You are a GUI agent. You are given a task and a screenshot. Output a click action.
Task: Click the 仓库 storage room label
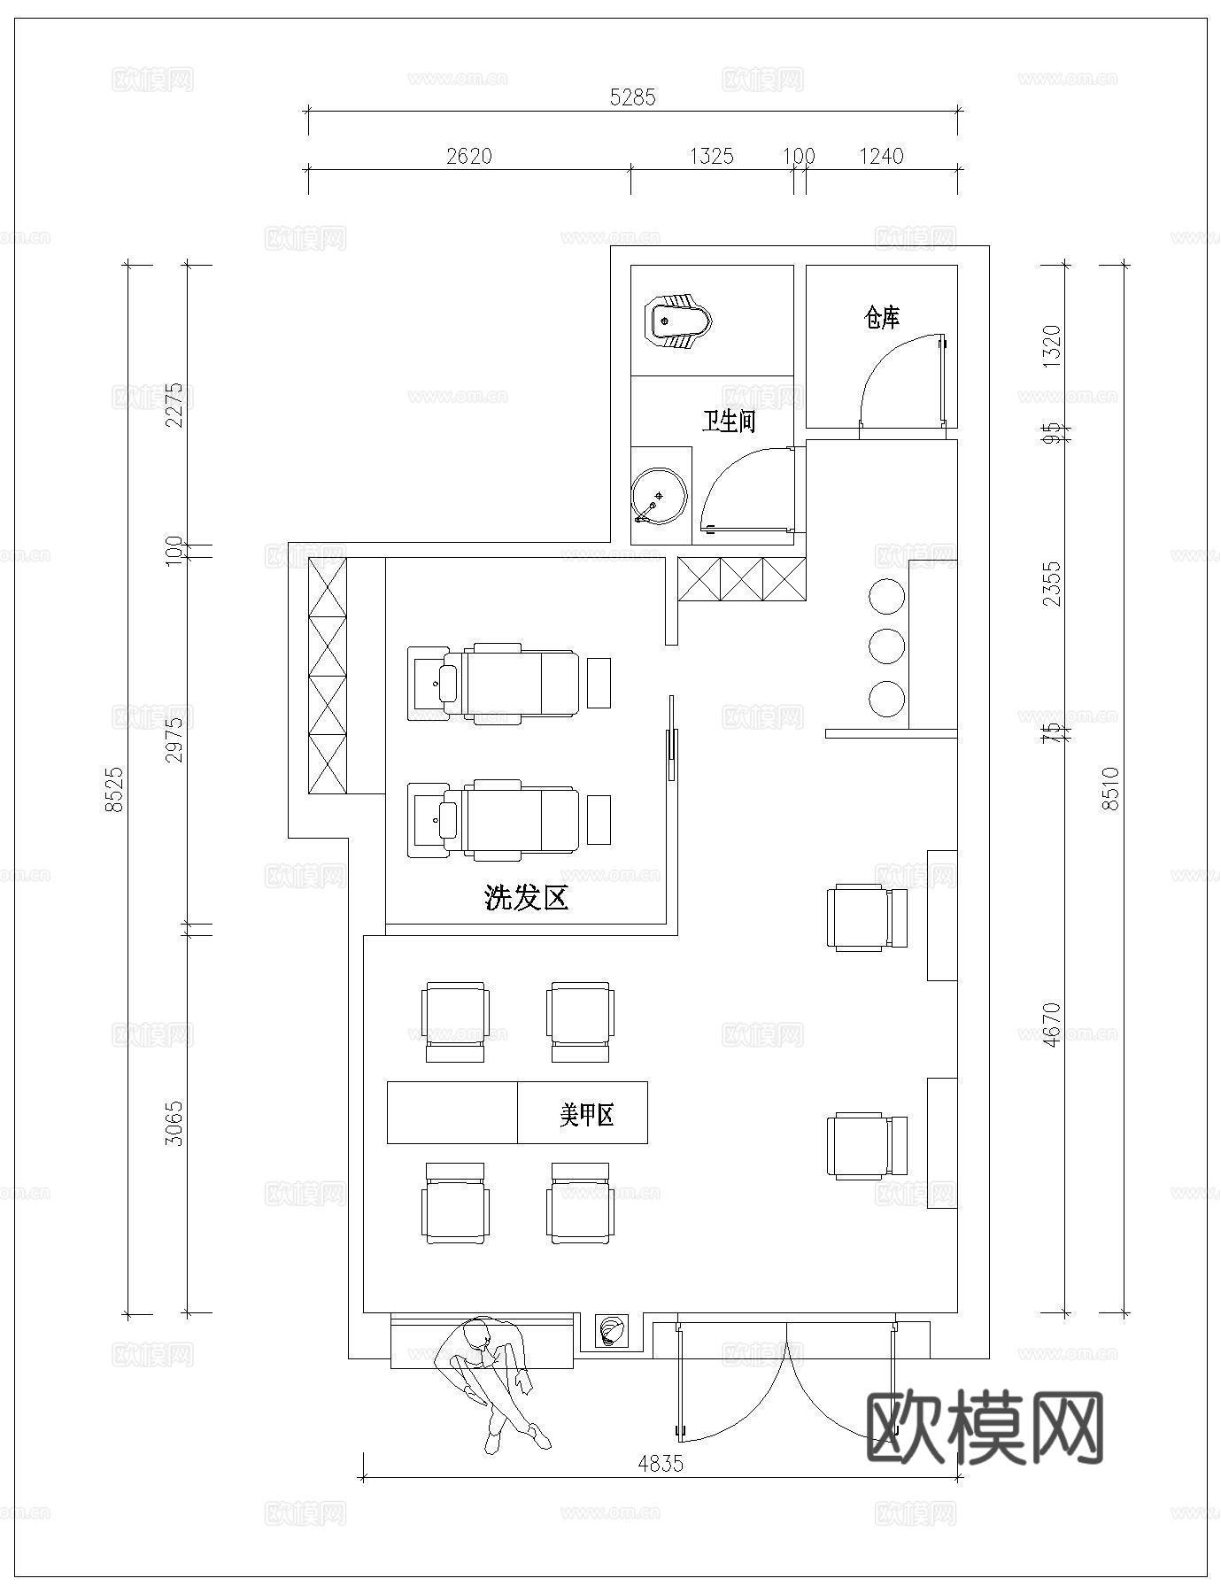[881, 317]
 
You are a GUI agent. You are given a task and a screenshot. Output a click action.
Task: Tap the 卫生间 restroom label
[729, 421]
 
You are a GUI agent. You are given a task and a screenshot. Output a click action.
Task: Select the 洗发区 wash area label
[526, 898]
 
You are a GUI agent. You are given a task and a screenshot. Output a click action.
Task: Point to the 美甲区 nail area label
[586, 1114]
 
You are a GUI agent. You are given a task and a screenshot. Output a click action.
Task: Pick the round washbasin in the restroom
[659, 495]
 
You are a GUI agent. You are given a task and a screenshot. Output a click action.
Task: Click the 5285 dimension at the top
[632, 97]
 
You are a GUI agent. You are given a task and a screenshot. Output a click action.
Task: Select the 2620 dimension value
[468, 156]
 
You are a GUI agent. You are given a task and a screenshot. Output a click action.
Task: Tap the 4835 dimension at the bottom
[661, 1463]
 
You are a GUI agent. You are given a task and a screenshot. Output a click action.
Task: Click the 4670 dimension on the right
[1051, 1024]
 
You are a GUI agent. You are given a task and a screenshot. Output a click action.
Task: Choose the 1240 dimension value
[881, 156]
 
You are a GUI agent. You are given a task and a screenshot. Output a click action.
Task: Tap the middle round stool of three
[886, 646]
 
